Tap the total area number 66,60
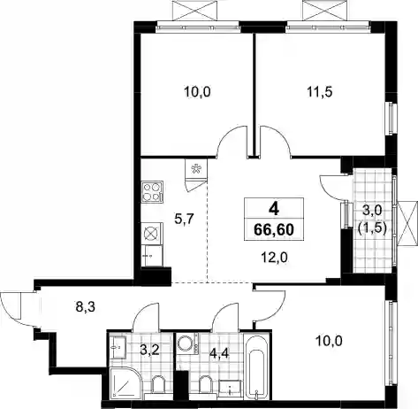coord(274,229)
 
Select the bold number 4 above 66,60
coord(274,209)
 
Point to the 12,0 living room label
coord(275,258)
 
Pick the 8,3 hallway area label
coord(85,307)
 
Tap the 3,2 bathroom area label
coord(150,350)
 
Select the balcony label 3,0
coord(372,211)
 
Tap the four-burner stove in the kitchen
coord(153,192)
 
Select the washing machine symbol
coord(188,344)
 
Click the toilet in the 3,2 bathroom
coord(158,384)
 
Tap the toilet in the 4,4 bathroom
coord(206,384)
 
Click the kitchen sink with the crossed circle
coord(152,234)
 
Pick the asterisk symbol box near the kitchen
coord(196,169)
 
